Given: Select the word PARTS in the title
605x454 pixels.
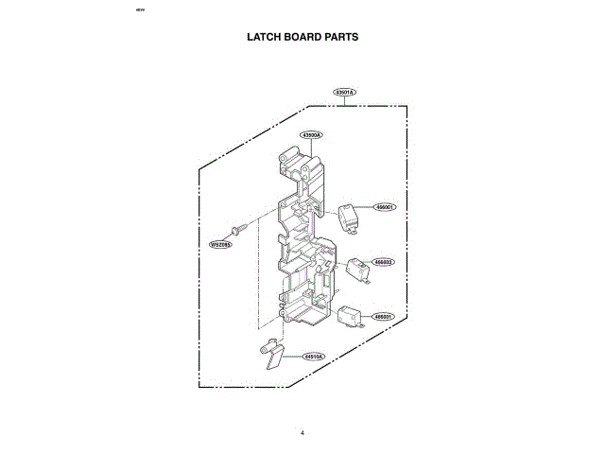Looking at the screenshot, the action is coord(340,37).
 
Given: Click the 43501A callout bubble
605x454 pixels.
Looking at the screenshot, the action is coord(344,93).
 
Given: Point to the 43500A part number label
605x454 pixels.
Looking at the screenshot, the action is coord(312,135).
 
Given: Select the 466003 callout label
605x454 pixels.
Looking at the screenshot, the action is coord(384,262).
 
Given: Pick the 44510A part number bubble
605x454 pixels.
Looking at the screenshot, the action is coord(314,357).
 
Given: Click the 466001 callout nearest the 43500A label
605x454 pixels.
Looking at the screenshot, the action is coord(385,206).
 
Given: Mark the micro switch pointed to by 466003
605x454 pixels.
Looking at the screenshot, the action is coord(357,269).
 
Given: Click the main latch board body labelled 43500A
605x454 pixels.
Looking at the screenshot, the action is coord(302,246).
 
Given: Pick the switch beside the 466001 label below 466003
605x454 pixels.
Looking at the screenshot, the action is coord(350,317).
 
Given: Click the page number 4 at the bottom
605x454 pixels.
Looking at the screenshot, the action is coord(302,433).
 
